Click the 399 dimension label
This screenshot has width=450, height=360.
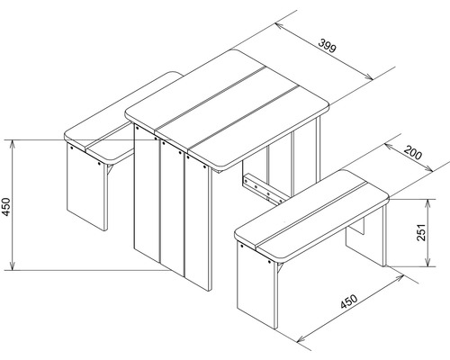click(328, 46)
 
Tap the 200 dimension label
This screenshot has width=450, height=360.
click(413, 152)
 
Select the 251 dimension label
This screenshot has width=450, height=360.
click(421, 232)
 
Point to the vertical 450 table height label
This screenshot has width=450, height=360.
click(6, 207)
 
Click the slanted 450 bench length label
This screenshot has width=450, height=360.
click(349, 301)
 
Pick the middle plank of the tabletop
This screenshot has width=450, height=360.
click(228, 109)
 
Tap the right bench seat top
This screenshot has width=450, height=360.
click(312, 214)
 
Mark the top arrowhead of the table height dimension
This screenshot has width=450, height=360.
click(13, 143)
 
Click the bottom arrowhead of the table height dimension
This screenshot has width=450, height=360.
click(13, 266)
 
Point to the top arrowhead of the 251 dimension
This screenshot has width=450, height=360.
click(428, 203)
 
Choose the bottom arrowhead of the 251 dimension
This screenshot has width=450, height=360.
click(428, 263)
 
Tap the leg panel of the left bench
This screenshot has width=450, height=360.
click(86, 186)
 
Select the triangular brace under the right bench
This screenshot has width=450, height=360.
click(280, 268)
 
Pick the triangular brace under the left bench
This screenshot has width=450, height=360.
click(110, 169)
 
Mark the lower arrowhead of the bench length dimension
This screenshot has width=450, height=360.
click(301, 339)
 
